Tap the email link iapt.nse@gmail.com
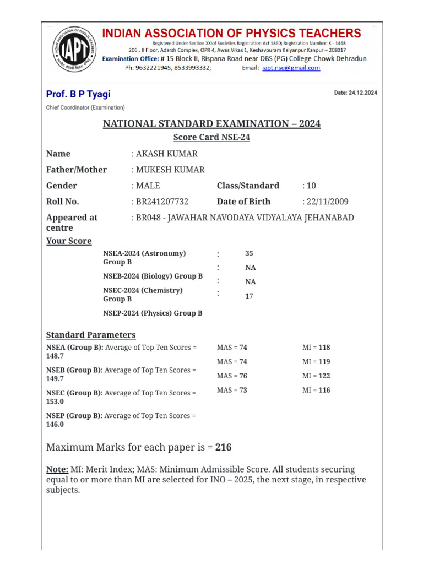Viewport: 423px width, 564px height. pos(291,68)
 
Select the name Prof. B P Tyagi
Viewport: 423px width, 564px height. pos(78,94)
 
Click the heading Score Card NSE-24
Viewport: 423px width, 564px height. pos(211,138)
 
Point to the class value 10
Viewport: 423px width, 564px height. pos(312,186)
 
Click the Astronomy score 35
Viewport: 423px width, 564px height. pos(249,253)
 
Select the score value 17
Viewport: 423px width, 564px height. pos(249,296)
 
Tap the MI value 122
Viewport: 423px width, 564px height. pos(324,376)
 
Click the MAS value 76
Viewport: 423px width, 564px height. pos(243,376)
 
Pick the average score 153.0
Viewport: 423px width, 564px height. pos(55,402)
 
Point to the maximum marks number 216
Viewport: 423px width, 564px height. pos(223,447)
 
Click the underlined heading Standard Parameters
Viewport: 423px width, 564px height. pos(91,335)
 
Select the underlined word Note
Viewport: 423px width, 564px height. pos(57,469)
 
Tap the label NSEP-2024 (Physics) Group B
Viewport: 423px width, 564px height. pos(153,313)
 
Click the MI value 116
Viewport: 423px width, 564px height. pos(324,390)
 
